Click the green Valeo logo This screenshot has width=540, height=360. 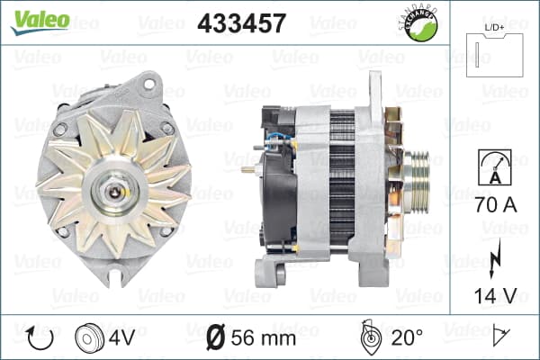tap(40, 22)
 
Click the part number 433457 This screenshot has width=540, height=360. tap(242, 23)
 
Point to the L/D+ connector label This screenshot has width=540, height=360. tap(494, 28)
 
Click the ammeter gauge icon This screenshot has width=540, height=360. tap(494, 167)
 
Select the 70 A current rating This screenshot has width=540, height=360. tap(496, 205)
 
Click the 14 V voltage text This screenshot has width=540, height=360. tap(496, 295)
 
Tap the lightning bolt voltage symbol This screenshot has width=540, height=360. tap(494, 257)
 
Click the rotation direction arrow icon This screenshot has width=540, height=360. tap(40, 338)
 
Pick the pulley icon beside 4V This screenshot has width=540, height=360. tap(89, 338)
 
